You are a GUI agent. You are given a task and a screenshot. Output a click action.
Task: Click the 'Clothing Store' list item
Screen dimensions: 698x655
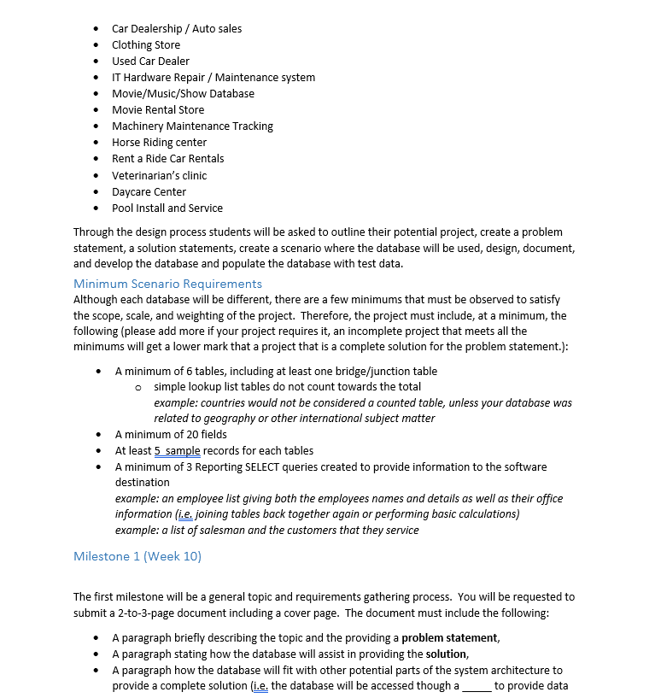point(146,44)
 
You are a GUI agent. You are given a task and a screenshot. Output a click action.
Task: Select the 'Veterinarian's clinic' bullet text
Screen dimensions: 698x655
point(159,175)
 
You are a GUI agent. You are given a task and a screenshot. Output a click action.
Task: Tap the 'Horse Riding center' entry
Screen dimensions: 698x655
point(159,142)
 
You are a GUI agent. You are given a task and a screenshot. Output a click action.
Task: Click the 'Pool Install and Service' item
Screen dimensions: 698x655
point(167,208)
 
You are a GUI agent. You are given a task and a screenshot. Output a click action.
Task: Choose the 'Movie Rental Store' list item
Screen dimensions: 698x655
point(158,109)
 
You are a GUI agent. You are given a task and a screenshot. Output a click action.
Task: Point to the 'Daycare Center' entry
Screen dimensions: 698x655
point(149,191)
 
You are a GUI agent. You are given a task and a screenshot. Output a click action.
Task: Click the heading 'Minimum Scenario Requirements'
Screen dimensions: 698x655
point(167,284)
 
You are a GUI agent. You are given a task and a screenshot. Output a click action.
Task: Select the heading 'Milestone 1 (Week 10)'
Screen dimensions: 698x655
point(137,556)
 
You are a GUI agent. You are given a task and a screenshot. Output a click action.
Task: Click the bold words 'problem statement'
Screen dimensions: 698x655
point(449,637)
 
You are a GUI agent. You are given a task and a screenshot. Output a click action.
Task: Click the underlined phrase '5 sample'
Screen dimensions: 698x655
point(178,450)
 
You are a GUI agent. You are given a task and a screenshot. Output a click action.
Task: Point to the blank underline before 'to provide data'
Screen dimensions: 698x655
point(476,686)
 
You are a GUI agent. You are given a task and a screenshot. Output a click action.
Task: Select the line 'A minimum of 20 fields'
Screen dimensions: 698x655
point(171,434)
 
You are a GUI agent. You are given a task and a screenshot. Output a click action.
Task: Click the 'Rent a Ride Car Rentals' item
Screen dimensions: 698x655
point(167,158)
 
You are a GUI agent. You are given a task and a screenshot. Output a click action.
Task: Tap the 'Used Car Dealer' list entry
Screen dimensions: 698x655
point(150,61)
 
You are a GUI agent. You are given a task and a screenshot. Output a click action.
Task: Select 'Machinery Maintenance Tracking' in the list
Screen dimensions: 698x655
point(192,126)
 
